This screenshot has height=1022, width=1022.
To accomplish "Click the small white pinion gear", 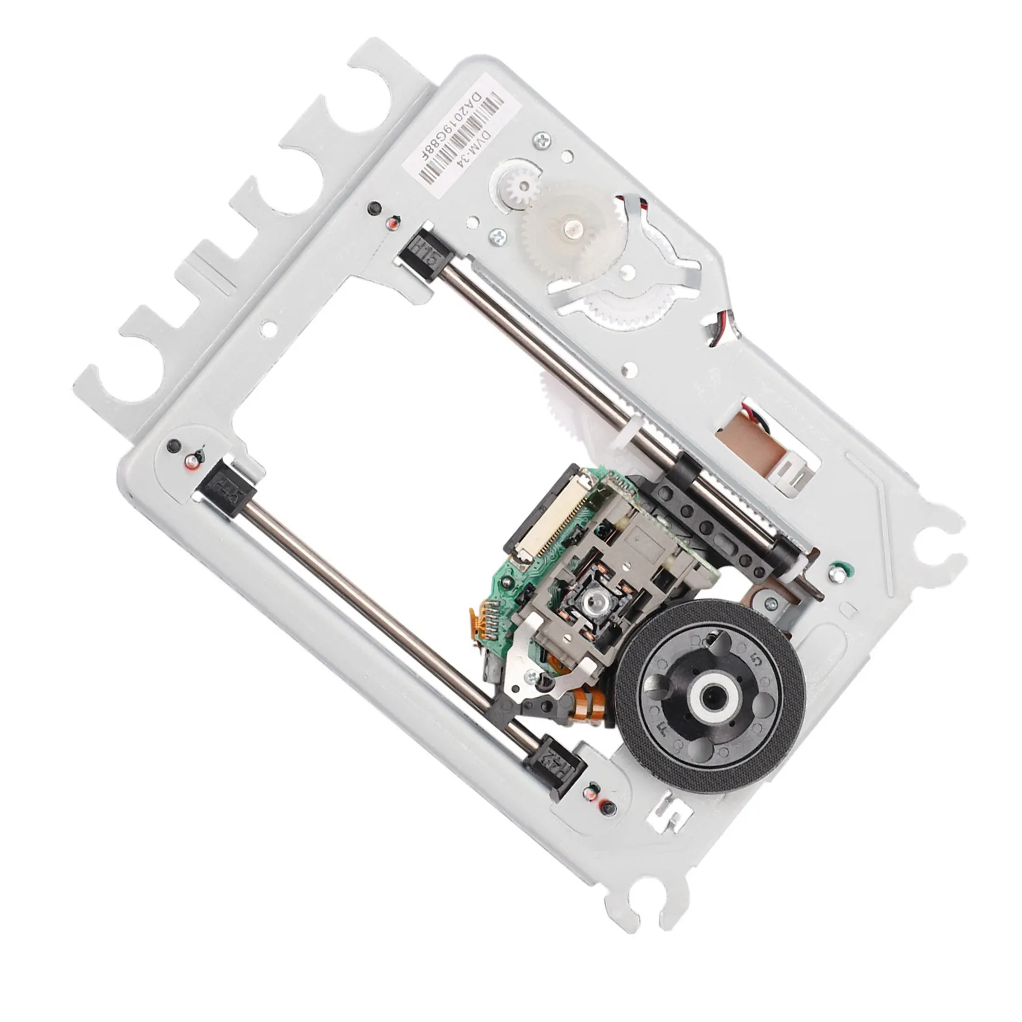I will pos(521,180).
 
